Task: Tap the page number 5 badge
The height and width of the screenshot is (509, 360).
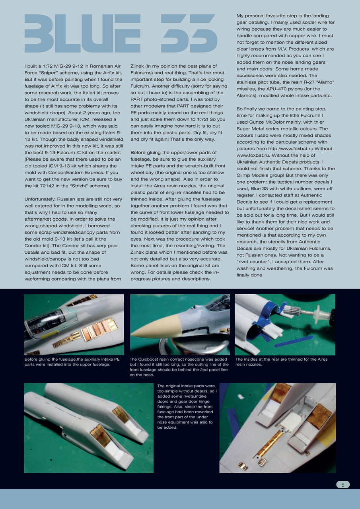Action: coord(343,484)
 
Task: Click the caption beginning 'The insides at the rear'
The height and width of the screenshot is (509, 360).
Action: coord(281,361)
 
